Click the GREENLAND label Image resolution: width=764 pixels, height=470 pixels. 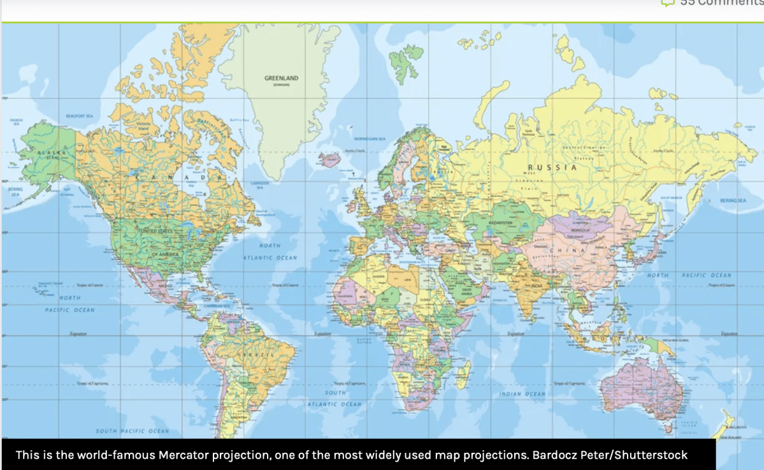coord(281,78)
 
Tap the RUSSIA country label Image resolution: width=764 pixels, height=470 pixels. coord(552,167)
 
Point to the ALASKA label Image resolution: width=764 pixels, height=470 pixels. coord(48,154)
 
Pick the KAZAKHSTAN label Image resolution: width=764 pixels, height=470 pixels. coord(500,222)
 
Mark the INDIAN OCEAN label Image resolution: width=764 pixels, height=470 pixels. coord(523,394)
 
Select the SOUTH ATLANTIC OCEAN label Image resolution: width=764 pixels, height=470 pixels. coord(335,399)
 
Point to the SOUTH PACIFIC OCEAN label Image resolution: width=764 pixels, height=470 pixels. coord(133,431)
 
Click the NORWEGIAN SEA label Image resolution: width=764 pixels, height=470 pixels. coord(370,138)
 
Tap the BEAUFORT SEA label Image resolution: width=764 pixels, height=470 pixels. coord(80,116)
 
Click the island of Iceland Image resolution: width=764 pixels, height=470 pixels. coord(330,159)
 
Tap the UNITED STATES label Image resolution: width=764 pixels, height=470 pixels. coord(156,230)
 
